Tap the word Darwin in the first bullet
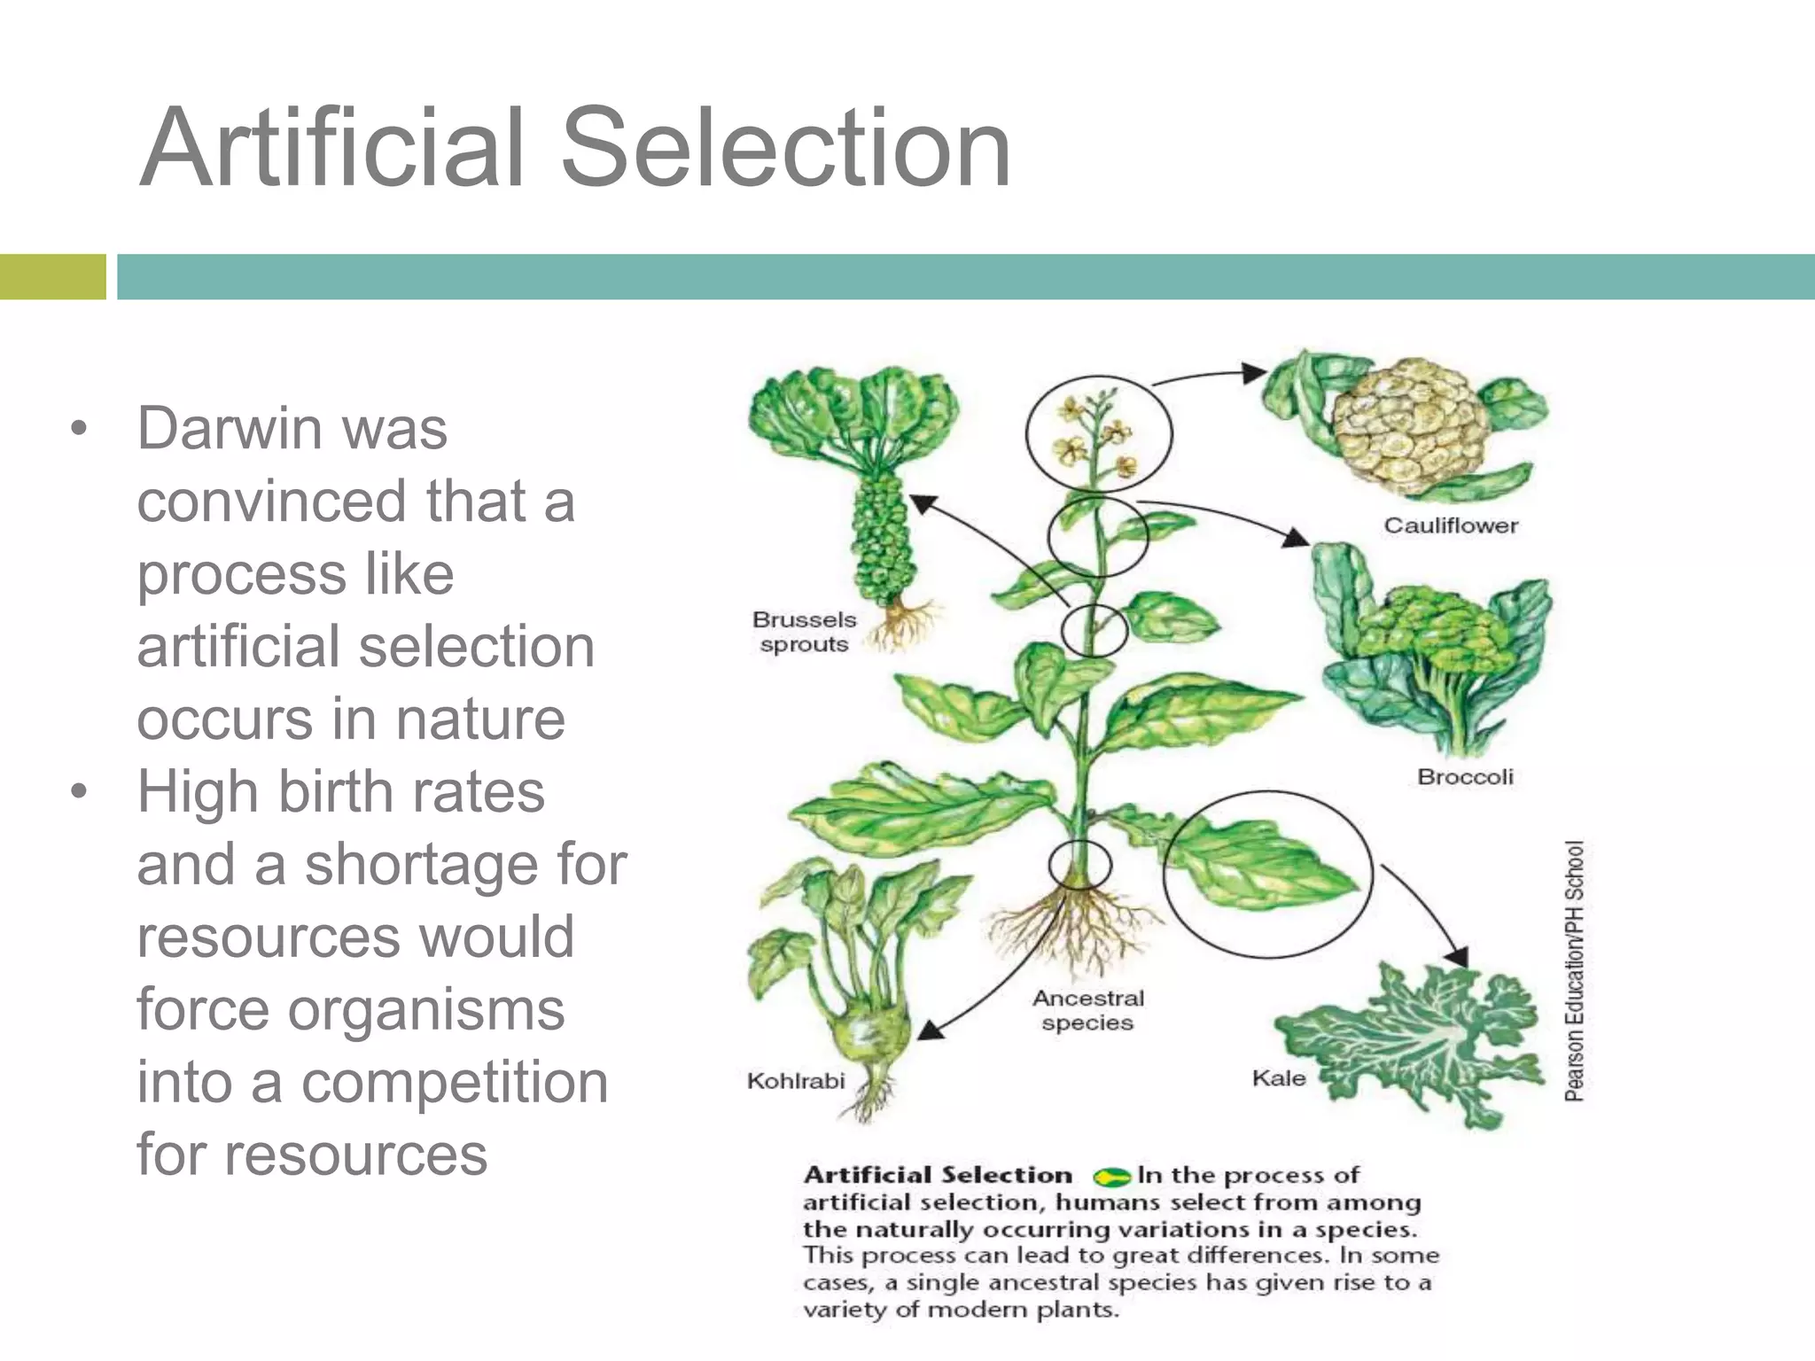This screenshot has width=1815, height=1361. pos(230,429)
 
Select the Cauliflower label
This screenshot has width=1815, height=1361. pos(1451,525)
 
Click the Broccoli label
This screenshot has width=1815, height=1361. pos(1465,777)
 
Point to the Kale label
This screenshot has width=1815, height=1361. pos(1278,1078)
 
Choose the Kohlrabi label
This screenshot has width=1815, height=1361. pos(796,1081)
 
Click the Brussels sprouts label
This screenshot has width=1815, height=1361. pos(804,632)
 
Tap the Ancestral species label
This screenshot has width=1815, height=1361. pos(1087,1010)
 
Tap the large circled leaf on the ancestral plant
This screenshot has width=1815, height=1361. pos(1263,868)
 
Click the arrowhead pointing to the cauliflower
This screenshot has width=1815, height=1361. pos(1255,372)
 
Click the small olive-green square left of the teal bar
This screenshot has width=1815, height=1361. pos(52,276)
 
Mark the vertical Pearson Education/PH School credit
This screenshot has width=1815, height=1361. pos(1574,971)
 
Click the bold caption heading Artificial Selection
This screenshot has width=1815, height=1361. pos(938,1176)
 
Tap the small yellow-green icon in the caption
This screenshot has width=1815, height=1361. pos(1111,1178)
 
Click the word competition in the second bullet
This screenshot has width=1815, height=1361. pos(455,1083)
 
